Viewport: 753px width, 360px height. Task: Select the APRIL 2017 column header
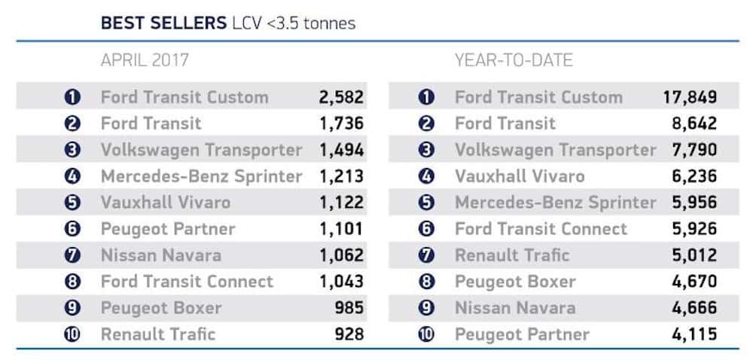tap(145, 60)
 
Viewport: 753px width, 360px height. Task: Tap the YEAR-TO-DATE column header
tap(514, 60)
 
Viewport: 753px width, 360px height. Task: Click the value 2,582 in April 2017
tap(341, 97)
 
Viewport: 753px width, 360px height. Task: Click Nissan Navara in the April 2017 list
tap(160, 255)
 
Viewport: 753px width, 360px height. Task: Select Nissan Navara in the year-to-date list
tap(514, 308)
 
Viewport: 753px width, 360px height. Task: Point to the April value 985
tap(350, 308)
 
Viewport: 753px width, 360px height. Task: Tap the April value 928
tap(350, 334)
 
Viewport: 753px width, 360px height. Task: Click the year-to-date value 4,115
tap(692, 334)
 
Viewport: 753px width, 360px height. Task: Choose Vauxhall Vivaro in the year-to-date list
tap(519, 176)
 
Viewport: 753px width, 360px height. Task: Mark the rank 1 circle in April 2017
tap(72, 97)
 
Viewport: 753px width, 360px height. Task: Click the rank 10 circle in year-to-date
tap(426, 334)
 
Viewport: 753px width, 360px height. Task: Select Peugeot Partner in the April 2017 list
tap(167, 229)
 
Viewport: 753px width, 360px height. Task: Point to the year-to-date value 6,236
tap(692, 176)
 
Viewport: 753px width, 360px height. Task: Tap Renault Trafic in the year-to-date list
tap(512, 255)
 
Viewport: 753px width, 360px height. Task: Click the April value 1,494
tap(341, 150)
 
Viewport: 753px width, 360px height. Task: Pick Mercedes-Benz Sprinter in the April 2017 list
tap(201, 176)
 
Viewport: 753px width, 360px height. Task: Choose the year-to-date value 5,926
tap(692, 229)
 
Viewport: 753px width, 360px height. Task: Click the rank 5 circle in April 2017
tap(72, 203)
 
